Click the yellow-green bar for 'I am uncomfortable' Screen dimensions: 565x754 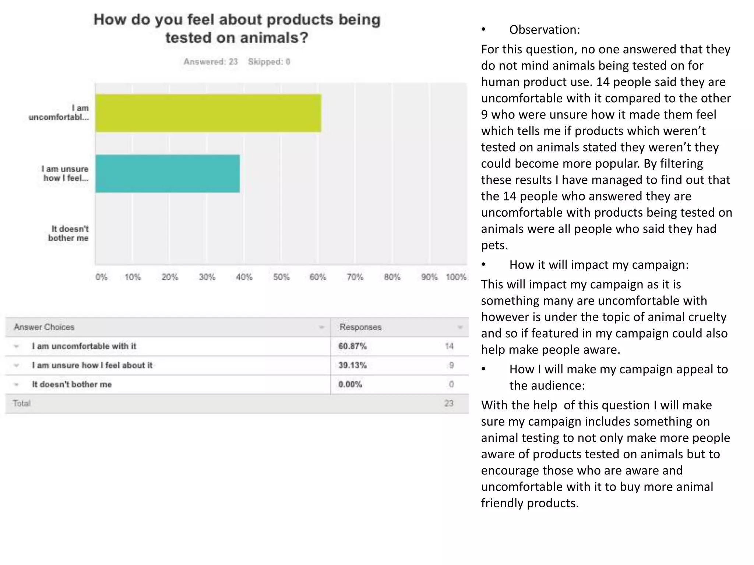coord(208,113)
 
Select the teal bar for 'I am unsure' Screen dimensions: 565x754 coord(168,174)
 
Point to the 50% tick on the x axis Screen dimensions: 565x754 coord(281,277)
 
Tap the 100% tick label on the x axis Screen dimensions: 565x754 coord(456,277)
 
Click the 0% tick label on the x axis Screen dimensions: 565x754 coord(101,277)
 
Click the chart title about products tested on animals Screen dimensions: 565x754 coord(237,28)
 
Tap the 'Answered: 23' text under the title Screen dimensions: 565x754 coord(211,62)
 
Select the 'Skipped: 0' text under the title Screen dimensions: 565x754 coord(269,62)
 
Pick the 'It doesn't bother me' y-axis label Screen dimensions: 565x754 coord(68,234)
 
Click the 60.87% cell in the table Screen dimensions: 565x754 coord(352,346)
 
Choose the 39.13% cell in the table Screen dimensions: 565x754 coord(352,365)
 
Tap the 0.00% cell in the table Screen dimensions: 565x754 coord(350,384)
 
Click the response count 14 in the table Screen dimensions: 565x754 coord(449,346)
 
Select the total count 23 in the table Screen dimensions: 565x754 coord(448,404)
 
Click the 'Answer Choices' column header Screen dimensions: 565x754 coord(44,327)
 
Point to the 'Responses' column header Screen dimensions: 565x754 coord(360,327)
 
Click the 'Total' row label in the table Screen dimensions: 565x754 coord(21,404)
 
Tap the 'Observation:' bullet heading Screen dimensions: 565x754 coord(544,30)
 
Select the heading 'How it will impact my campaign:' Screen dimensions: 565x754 coord(599,265)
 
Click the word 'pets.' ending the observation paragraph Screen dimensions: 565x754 coord(494,245)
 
